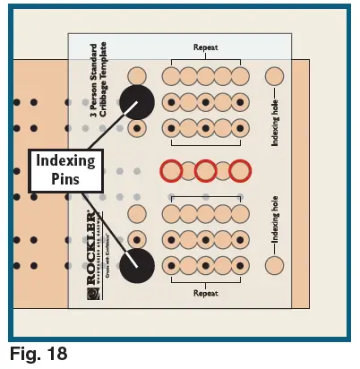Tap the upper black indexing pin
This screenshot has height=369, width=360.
137,102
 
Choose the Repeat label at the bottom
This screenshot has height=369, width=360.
206,292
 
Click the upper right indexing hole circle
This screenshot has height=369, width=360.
275,77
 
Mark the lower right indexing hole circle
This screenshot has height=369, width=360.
275,264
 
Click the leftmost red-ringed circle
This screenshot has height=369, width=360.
171,170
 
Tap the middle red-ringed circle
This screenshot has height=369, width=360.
205,170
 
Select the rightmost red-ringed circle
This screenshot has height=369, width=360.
239,170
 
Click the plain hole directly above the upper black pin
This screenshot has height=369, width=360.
137,76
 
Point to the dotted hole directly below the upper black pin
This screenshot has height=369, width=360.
137,128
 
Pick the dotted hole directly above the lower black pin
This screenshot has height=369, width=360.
137,238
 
